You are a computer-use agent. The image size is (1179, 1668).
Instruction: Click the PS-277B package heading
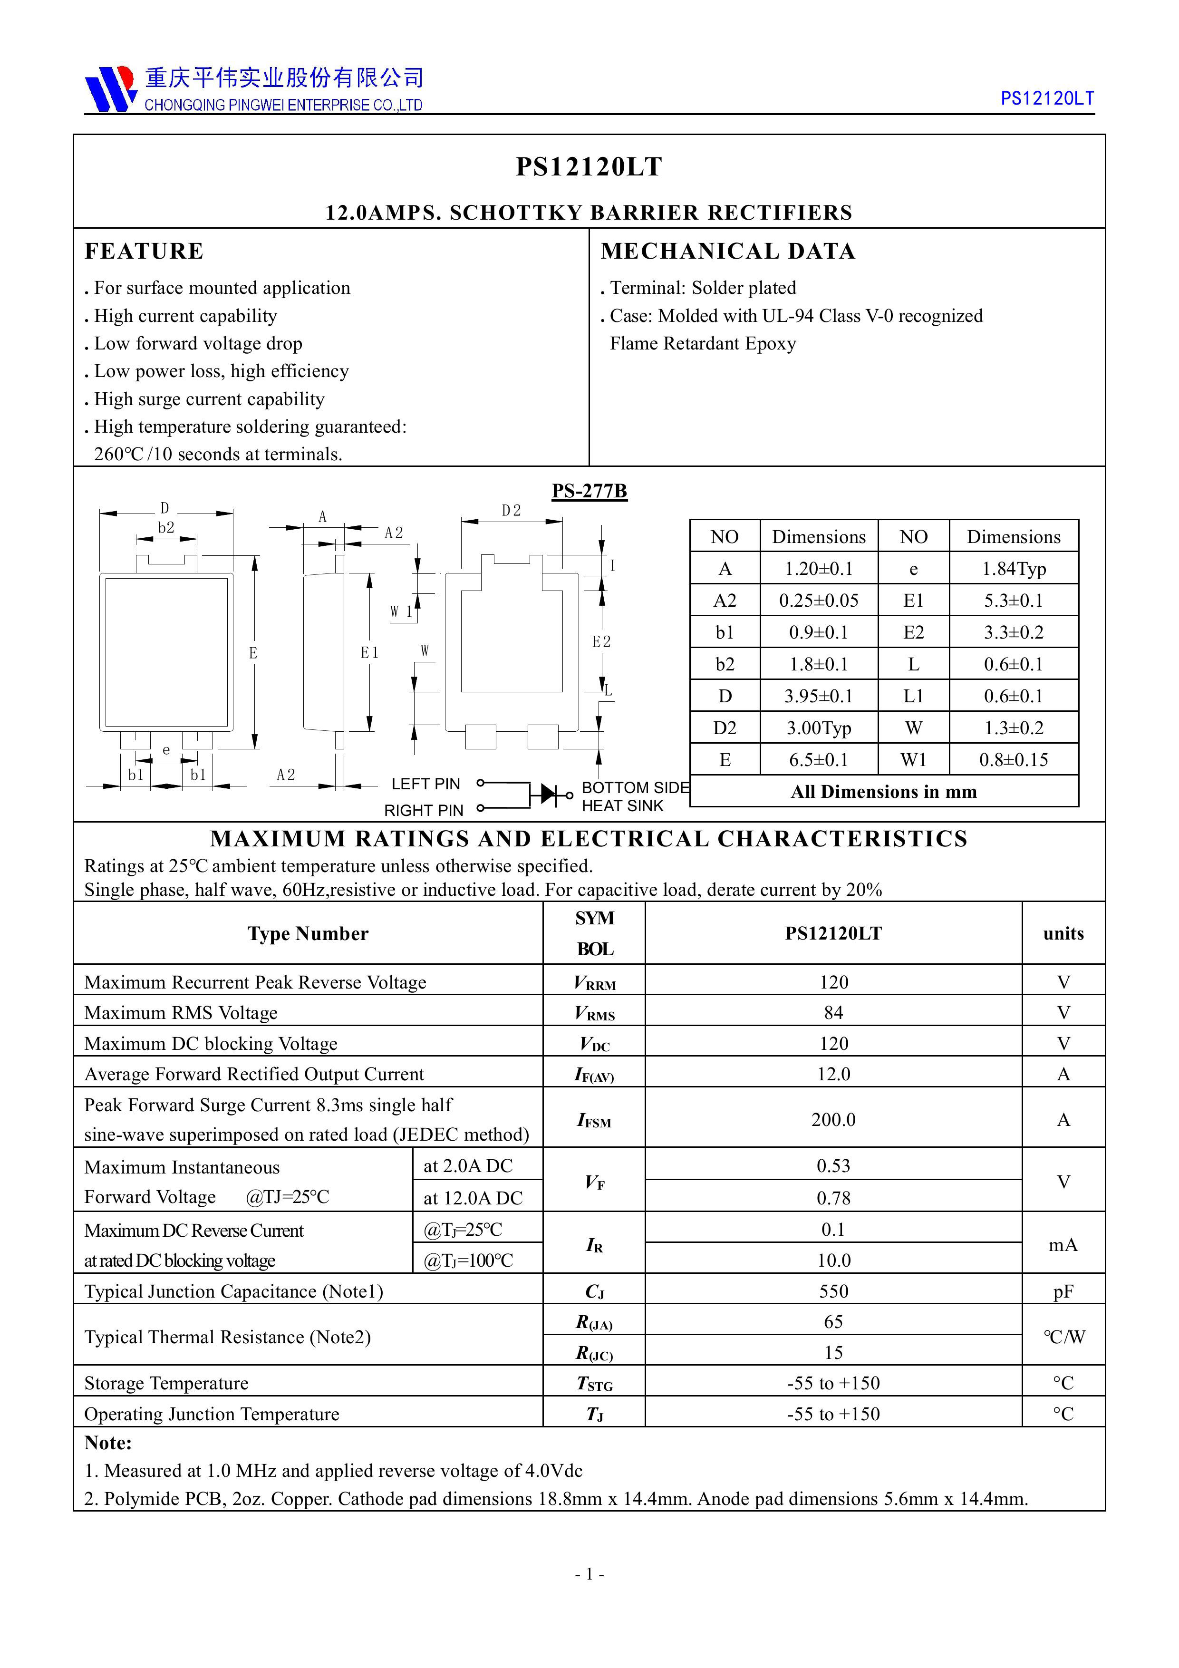tap(589, 491)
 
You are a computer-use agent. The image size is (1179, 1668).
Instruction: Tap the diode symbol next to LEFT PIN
tap(546, 794)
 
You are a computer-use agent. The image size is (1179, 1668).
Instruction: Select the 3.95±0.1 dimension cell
tap(818, 696)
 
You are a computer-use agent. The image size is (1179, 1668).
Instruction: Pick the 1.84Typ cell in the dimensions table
tap(1014, 569)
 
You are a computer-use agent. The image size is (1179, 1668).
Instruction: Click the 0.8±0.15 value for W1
tap(1014, 760)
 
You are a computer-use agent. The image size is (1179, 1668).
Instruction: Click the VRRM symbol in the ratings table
tap(594, 983)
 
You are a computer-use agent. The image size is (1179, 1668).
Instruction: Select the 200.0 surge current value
tap(833, 1119)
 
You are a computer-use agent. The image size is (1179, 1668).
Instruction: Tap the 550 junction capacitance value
tap(833, 1291)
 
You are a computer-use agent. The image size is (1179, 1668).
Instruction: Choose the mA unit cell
tap(1063, 1245)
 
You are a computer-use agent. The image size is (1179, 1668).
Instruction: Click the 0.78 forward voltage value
tap(833, 1198)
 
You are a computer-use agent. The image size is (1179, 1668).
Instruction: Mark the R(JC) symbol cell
tap(594, 1353)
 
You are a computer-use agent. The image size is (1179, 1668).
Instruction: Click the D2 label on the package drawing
tap(512, 511)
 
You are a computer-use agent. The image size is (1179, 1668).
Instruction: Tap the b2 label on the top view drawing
tap(166, 527)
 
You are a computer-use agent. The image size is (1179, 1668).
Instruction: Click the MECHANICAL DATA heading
tap(728, 252)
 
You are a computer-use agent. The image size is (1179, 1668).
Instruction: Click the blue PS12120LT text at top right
tap(1047, 99)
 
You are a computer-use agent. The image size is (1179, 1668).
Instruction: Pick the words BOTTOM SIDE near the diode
tap(635, 787)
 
